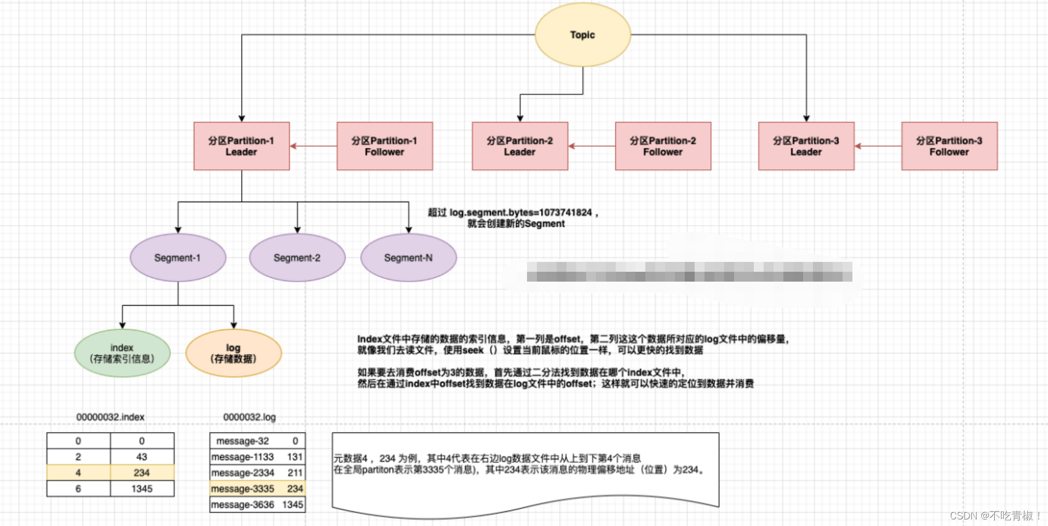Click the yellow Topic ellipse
click(x=582, y=35)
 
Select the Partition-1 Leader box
click(x=241, y=146)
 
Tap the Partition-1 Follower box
click(x=385, y=146)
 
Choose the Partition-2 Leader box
click(x=520, y=146)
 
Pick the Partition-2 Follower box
click(x=663, y=146)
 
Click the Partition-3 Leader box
click(x=806, y=146)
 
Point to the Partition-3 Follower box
click(x=949, y=146)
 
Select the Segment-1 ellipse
click(x=177, y=258)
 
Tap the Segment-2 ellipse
click(x=297, y=258)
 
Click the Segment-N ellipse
click(x=408, y=258)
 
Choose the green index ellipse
click(x=122, y=353)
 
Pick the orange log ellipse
click(x=233, y=353)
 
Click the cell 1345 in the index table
click(x=142, y=489)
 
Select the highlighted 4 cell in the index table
click(x=78, y=473)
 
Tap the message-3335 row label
click(x=243, y=489)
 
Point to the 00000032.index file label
click(x=110, y=417)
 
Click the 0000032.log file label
click(x=249, y=417)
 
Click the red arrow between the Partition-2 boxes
click(x=592, y=146)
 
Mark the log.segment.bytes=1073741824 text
click(x=520, y=213)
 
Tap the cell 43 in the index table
click(x=142, y=457)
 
